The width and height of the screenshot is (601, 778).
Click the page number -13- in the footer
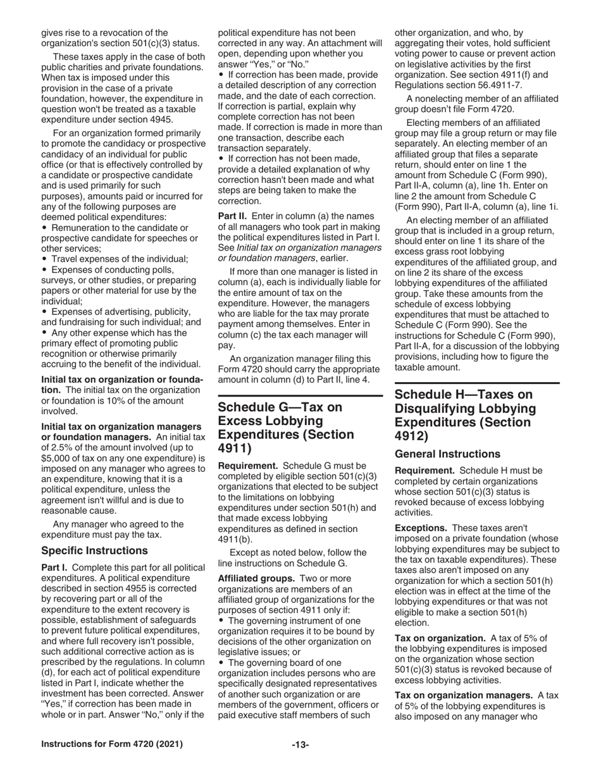click(x=300, y=744)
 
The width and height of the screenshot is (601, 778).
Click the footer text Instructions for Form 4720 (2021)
click(x=112, y=744)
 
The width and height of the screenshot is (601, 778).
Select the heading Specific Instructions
click(x=94, y=550)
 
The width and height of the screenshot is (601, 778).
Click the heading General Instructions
click(x=447, y=454)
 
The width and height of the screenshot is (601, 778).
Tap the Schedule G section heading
click(x=286, y=428)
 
